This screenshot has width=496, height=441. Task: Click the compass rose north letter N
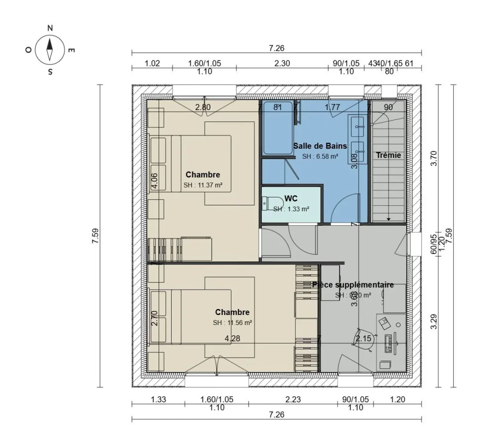50,28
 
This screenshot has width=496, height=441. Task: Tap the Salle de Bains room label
320,146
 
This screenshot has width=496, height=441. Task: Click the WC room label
291,198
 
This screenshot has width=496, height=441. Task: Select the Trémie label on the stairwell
388,155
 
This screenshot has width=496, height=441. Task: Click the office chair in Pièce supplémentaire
363,339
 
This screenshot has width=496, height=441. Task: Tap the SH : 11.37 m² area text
202,186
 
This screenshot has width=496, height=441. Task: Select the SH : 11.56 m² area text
233,322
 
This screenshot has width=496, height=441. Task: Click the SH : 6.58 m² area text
320,156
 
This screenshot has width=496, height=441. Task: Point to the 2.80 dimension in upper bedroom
203,107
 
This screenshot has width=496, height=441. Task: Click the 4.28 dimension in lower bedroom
233,338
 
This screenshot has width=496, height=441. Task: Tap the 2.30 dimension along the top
283,63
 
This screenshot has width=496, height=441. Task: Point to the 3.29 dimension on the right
434,322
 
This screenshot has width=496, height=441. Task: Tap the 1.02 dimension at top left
152,63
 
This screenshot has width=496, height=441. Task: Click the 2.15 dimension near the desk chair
364,339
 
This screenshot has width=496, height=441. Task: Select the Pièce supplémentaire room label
353,285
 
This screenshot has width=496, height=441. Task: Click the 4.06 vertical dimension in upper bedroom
154,181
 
